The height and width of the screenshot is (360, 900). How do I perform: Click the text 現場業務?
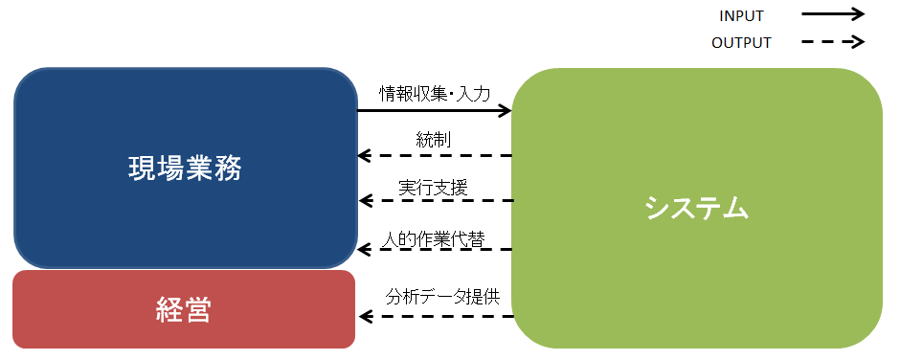tap(185, 169)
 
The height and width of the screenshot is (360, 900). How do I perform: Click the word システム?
tap(696, 207)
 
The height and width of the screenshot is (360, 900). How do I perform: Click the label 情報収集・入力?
tap(435, 94)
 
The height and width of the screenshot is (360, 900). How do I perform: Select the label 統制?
tap(434, 140)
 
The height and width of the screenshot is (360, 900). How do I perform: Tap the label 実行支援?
tap(434, 187)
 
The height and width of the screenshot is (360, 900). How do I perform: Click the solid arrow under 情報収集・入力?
tap(435, 111)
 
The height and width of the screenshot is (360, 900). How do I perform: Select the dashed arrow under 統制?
tap(435, 155)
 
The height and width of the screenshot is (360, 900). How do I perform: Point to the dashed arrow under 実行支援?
tap(435, 201)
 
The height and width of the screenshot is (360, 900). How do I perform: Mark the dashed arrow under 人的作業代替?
tap(435, 250)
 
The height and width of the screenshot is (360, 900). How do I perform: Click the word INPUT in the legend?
tap(741, 15)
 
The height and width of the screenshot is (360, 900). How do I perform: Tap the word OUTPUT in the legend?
tap(741, 42)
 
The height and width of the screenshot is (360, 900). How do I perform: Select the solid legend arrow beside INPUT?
tap(833, 14)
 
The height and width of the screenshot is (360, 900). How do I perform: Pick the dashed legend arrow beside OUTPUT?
tap(833, 42)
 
